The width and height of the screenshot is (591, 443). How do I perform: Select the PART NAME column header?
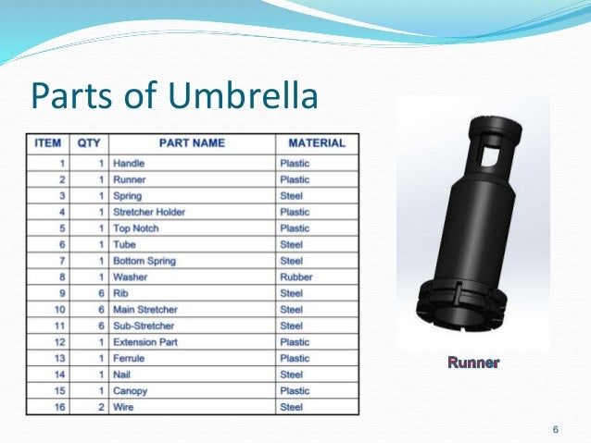(192, 144)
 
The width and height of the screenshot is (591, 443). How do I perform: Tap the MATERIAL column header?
(317, 144)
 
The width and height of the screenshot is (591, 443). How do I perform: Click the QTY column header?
(89, 144)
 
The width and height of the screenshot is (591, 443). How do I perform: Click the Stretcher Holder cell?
(148, 212)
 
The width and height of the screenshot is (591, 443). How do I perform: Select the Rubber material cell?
(296, 277)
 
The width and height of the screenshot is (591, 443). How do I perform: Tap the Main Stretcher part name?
(145, 309)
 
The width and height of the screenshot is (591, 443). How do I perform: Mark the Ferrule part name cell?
(129, 358)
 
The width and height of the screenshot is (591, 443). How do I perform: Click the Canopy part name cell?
(131, 390)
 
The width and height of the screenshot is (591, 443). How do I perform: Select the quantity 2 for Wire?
(100, 407)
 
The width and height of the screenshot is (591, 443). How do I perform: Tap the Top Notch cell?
(135, 228)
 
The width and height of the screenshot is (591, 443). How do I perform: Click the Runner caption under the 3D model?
(473, 362)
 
